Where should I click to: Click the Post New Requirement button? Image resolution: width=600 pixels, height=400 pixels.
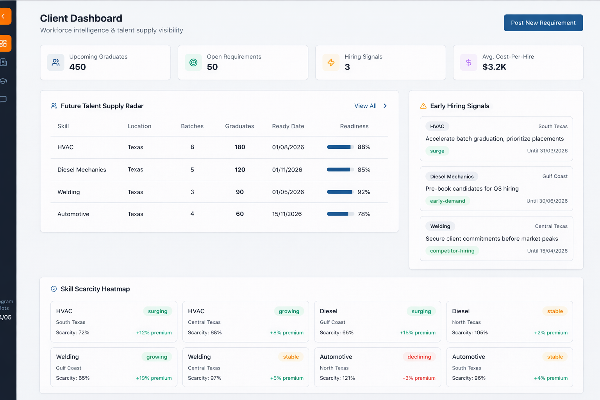click(x=543, y=23)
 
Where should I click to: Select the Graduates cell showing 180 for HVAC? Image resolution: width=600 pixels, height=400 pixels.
click(x=239, y=147)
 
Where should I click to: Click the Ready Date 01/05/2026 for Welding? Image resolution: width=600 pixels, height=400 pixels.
click(x=288, y=192)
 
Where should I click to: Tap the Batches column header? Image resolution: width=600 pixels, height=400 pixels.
click(x=192, y=126)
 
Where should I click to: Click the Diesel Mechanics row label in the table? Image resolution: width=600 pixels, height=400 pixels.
click(x=82, y=170)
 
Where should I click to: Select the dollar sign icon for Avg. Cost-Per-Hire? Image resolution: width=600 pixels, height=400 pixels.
click(x=468, y=62)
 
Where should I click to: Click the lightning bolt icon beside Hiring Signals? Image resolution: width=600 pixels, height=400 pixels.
click(x=331, y=62)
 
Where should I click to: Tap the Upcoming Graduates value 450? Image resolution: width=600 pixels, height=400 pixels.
click(x=77, y=67)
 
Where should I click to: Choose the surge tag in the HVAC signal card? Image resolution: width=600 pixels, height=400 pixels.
click(x=437, y=151)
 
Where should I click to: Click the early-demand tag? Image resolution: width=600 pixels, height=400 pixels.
click(x=447, y=201)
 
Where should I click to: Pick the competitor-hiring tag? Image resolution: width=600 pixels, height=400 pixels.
click(x=452, y=251)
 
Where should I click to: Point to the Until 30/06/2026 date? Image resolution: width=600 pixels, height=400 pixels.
click(x=547, y=201)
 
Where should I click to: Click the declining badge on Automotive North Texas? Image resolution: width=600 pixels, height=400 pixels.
click(x=419, y=357)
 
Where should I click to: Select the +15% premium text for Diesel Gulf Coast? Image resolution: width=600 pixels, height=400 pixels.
click(x=417, y=333)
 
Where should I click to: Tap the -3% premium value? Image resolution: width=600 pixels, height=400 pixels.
click(x=419, y=378)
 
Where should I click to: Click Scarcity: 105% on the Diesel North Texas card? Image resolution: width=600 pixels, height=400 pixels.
click(x=470, y=333)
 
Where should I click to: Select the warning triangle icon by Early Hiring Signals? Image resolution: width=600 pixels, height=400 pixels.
click(x=423, y=106)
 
